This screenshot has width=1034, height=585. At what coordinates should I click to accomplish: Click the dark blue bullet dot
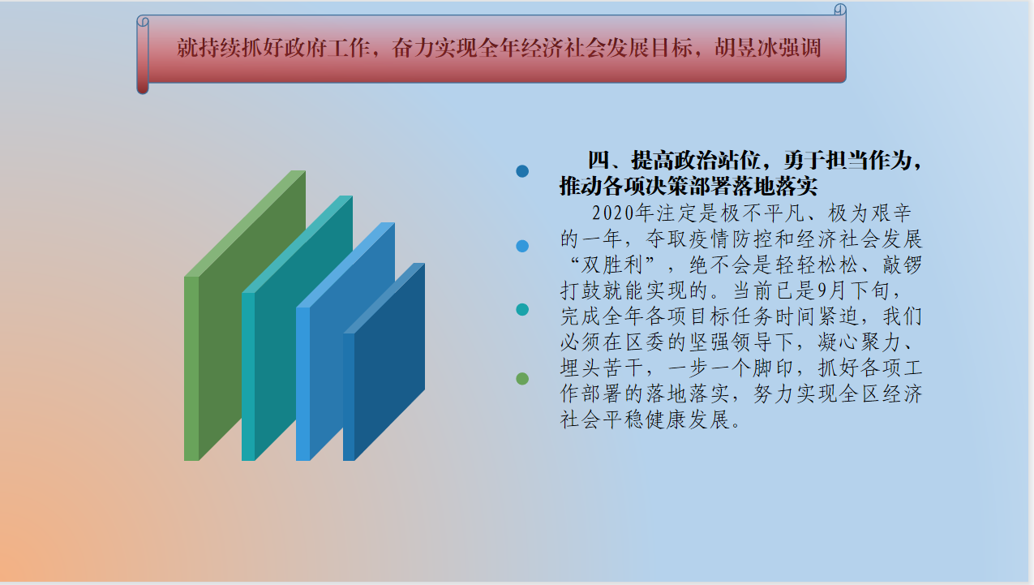pyautogui.click(x=522, y=171)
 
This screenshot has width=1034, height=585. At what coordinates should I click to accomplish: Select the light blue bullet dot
pyautogui.click(x=522, y=246)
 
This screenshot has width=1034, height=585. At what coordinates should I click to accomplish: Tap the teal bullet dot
pyautogui.click(x=522, y=309)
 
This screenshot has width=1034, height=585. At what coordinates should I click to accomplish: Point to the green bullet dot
pyautogui.click(x=522, y=379)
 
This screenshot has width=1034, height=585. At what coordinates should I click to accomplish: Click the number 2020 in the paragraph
pyautogui.click(x=613, y=213)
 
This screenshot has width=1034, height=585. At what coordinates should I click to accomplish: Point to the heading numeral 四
pyautogui.click(x=599, y=160)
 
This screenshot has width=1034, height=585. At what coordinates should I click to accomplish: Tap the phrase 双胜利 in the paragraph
pyautogui.click(x=612, y=265)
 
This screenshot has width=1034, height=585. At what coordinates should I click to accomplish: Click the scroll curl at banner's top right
pyautogui.click(x=840, y=9)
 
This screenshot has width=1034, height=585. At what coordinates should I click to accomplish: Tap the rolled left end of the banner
pyautogui.click(x=143, y=54)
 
